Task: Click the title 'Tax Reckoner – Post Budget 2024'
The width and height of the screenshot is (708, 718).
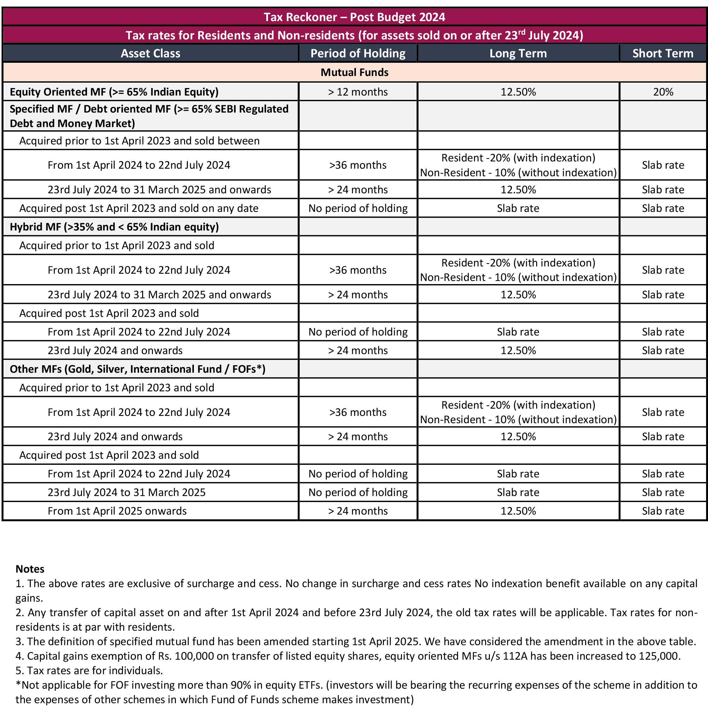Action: [354, 17]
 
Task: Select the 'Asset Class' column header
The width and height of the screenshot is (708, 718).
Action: [150, 54]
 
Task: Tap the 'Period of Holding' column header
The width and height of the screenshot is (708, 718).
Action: [358, 54]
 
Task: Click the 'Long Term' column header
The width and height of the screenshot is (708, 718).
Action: [518, 54]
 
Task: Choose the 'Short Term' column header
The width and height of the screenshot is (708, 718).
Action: [663, 54]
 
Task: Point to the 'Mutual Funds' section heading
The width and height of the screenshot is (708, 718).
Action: [354, 73]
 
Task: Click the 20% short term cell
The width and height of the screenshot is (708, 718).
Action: [663, 92]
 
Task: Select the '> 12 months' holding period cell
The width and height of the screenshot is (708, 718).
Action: [358, 92]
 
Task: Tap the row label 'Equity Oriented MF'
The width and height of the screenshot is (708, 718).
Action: [114, 92]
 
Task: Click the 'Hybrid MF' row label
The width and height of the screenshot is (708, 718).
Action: [114, 227]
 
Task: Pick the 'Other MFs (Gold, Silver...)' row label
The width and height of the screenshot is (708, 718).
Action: [137, 369]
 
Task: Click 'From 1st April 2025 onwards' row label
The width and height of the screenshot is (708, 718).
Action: [117, 511]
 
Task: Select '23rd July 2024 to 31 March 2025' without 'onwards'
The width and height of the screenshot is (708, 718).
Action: [126, 493]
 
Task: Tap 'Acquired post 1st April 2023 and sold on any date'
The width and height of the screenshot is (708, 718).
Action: [139, 208]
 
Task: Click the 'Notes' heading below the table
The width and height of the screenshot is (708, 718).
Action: [30, 569]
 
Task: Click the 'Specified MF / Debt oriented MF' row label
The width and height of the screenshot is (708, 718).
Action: [148, 116]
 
